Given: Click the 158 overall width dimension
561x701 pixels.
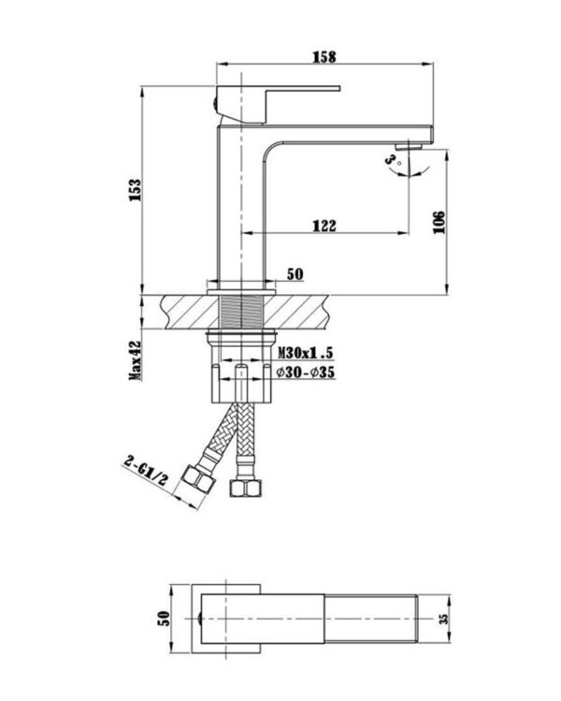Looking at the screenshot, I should [324, 56].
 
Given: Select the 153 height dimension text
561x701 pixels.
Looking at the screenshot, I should [135, 191].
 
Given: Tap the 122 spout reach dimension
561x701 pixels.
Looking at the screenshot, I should [324, 226].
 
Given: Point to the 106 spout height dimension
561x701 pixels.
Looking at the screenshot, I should [439, 221].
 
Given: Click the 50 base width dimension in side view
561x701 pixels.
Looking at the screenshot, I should [295, 274].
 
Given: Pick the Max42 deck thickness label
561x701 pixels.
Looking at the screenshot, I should [135, 359].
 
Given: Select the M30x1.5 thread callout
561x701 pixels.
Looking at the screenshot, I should [306, 352].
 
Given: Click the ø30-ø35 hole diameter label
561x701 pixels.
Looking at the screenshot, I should [306, 372].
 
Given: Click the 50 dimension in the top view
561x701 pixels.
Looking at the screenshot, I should [165, 619].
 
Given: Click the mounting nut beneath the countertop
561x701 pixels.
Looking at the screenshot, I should [241, 333].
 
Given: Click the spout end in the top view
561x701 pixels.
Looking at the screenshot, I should [425, 618].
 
